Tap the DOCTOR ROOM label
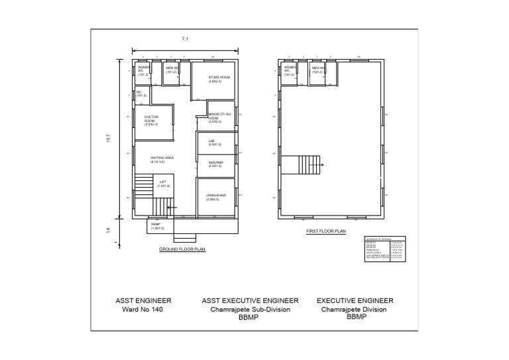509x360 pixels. pyautogui.click(x=151, y=120)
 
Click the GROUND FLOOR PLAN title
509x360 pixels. pyautogui.click(x=182, y=249)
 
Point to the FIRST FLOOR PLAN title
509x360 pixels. pyautogui.click(x=326, y=231)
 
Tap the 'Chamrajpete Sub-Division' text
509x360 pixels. pyautogui.click(x=250, y=310)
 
